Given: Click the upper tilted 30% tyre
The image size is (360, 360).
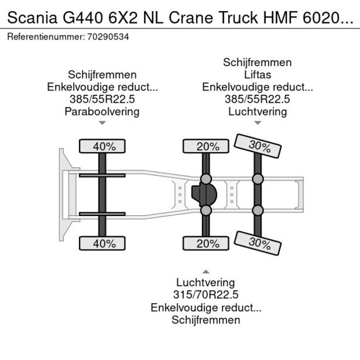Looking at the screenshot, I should [257, 146].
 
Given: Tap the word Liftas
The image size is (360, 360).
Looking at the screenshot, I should [257, 75].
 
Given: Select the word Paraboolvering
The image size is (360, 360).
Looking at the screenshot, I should [102, 111].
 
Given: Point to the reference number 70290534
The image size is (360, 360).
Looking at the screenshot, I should [109, 37].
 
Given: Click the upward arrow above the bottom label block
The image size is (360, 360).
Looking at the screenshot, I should [205, 272].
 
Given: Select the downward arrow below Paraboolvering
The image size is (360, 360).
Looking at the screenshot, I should [102, 123].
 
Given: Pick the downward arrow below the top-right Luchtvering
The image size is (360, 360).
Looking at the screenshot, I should [257, 123].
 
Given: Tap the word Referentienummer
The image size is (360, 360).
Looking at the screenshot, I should [45, 37].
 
